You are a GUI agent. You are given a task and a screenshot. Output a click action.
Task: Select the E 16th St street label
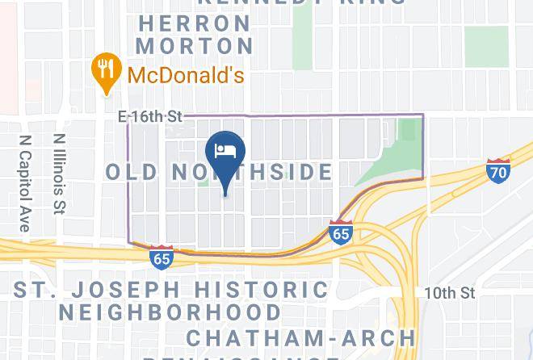[x=151, y=117]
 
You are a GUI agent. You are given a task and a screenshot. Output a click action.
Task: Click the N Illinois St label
[x=60, y=174]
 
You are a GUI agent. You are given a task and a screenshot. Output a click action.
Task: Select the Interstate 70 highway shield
[x=498, y=170]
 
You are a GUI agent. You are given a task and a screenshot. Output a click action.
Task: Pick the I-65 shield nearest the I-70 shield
[x=341, y=232]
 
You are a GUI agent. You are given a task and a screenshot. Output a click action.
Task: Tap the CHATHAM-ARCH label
[x=300, y=337]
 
